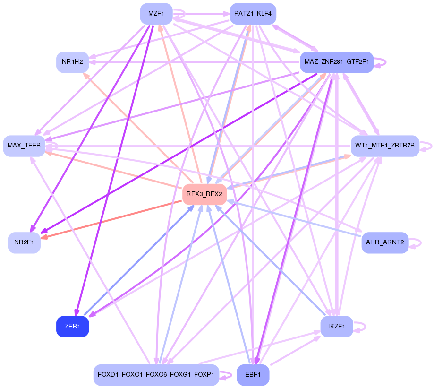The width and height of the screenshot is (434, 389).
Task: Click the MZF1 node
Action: coord(156,13)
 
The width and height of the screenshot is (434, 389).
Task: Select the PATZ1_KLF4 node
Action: coord(252,13)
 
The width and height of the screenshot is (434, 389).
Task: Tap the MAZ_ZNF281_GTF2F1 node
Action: coord(336,62)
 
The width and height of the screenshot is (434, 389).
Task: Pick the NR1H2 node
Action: coord(72,62)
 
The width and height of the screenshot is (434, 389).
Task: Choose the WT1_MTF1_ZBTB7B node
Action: coord(384,146)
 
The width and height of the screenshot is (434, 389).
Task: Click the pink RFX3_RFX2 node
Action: coord(204,194)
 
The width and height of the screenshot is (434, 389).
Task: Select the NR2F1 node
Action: coord(24,242)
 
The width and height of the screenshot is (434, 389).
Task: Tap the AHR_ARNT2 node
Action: coord(384,242)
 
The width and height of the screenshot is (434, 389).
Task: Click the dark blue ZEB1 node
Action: coord(72,327)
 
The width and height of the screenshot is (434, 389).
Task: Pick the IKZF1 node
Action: coord(336,327)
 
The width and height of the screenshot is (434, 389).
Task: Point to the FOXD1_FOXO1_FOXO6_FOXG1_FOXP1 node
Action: coord(156,375)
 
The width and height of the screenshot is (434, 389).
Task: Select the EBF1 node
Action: coord(252,375)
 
